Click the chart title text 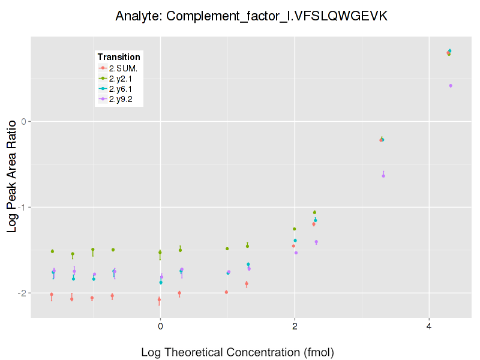click(252, 16)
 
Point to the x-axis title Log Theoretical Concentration click(238, 352)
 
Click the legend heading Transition click(119, 57)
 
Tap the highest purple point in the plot click(451, 86)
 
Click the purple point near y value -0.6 click(383, 176)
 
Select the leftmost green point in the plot click(52, 251)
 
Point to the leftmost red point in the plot click(52, 295)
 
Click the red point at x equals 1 click(226, 292)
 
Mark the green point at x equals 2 click(294, 229)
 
